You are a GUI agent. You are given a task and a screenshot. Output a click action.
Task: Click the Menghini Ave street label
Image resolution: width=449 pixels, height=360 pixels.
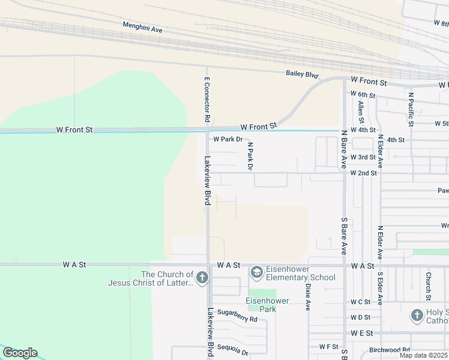[x=142, y=26]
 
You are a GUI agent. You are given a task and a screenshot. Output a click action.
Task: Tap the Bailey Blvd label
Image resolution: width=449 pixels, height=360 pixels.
[x=301, y=73]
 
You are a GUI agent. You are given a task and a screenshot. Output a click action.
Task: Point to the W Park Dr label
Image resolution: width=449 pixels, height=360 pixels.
[x=228, y=139]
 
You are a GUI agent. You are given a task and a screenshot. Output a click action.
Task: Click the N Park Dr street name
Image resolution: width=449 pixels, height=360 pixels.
[x=250, y=156]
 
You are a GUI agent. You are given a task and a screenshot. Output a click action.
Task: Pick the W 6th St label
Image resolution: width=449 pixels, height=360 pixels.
[x=363, y=95]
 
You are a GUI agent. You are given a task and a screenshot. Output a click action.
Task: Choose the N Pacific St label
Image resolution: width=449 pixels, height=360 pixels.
[x=411, y=109]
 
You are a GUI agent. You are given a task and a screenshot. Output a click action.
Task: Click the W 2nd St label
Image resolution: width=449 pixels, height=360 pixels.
[x=364, y=173]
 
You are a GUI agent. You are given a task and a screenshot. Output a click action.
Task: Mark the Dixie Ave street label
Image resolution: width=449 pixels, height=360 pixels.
[x=307, y=296]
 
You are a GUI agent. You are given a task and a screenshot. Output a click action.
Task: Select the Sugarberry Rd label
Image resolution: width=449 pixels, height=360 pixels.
[x=237, y=320]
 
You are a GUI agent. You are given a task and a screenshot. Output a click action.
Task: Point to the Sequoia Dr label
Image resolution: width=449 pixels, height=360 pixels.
[x=233, y=350]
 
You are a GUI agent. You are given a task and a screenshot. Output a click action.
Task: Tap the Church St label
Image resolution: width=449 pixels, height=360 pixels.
[x=429, y=287]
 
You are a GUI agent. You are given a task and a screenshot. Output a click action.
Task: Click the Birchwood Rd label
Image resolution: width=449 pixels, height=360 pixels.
[x=390, y=350]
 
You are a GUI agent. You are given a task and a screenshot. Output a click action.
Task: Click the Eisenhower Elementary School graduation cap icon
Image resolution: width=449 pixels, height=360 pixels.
[x=257, y=272]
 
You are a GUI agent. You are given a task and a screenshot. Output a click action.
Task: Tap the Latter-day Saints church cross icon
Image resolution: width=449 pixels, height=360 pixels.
[x=202, y=278]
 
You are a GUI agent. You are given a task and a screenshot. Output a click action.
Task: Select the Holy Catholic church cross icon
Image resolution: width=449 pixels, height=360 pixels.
[x=417, y=315]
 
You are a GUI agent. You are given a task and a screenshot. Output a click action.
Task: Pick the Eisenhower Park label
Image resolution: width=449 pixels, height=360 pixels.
[x=267, y=304]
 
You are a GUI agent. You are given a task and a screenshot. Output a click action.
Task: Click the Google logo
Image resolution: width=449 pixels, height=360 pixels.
[x=20, y=353]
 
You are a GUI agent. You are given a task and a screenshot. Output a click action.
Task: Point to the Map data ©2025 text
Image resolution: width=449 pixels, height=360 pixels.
[x=423, y=355]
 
